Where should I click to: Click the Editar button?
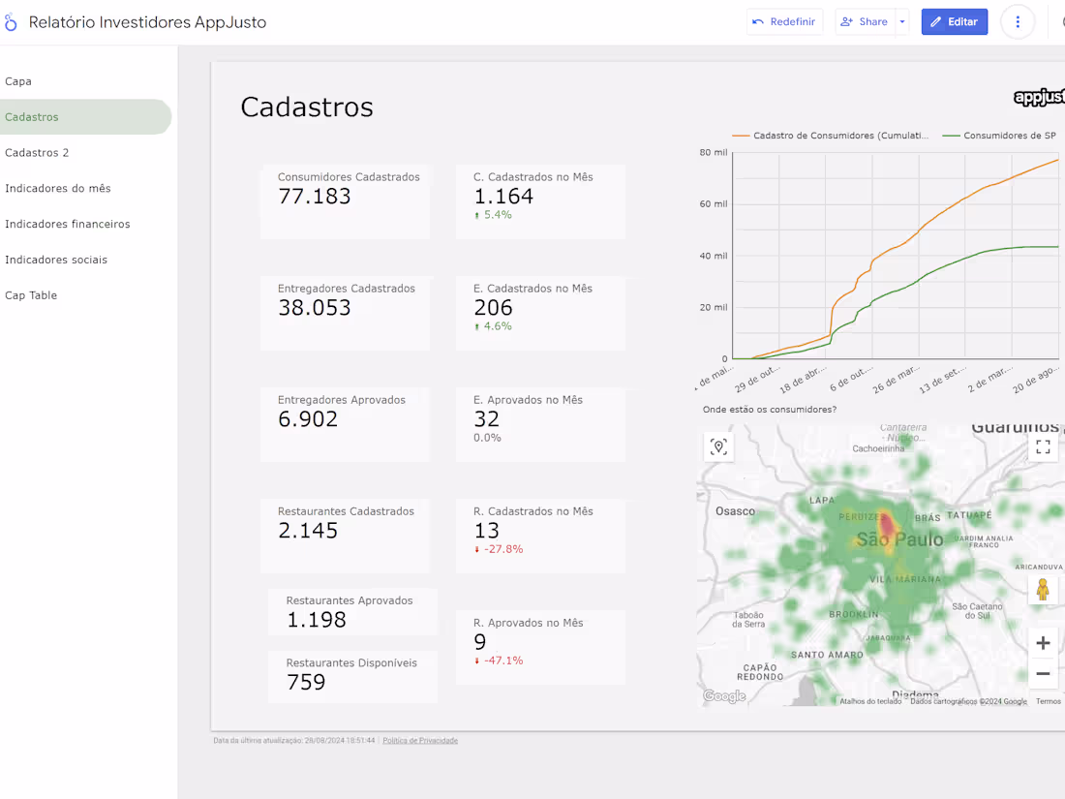click(954, 21)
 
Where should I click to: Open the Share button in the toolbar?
click(864, 21)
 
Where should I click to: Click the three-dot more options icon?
click(1017, 21)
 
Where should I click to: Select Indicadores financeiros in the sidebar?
click(68, 224)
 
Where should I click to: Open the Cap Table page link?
click(31, 295)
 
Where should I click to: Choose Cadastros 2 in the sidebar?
click(37, 153)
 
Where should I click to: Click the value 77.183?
click(314, 197)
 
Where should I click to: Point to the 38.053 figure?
click(314, 308)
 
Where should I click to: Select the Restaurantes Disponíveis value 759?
click(306, 682)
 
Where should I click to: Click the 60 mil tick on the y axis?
click(713, 204)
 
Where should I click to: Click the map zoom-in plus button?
click(1043, 643)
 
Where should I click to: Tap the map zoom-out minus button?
click(1043, 673)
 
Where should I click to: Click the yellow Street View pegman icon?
click(1043, 589)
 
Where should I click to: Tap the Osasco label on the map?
click(735, 510)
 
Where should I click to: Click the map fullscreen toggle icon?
click(1043, 446)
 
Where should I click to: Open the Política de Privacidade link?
click(420, 741)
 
